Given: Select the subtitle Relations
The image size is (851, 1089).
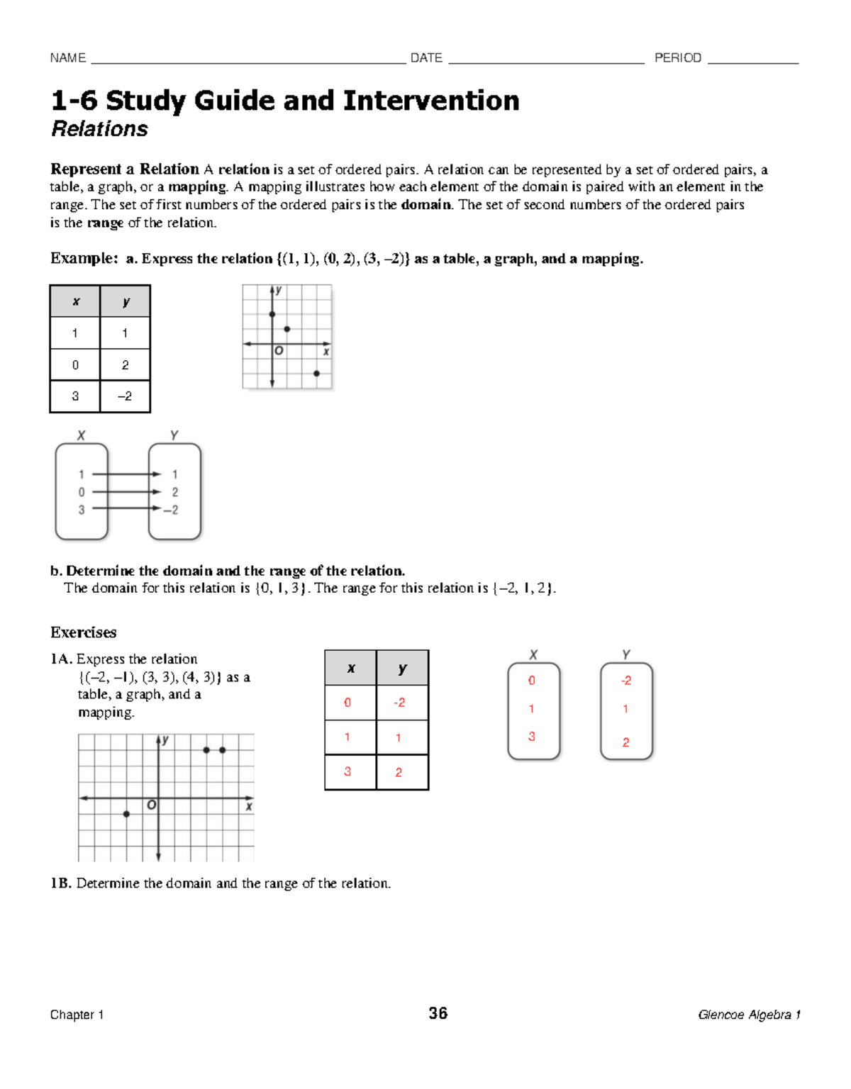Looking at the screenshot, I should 99,129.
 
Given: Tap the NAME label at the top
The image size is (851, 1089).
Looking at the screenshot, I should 68,58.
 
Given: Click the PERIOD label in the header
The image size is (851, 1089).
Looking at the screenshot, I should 677,58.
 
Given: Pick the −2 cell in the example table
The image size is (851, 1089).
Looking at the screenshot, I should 125,396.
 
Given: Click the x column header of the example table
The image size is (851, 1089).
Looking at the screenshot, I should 75,301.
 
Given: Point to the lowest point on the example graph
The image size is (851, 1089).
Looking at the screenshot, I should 316,373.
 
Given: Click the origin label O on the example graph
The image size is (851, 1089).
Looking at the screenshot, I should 279,351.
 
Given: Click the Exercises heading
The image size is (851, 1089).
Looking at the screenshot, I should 83,632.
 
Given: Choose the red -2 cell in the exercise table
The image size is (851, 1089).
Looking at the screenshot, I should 400,703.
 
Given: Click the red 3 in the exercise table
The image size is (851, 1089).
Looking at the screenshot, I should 347,771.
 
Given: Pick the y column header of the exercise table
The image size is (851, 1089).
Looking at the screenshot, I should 402,668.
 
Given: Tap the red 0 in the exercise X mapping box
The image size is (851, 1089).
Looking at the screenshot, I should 531,681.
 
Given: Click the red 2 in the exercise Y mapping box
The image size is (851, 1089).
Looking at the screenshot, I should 625,742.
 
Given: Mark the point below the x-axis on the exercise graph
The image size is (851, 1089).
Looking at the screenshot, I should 126,814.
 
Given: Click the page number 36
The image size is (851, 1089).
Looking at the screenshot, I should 438,1013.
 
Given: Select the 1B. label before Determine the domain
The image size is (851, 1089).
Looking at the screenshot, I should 61,883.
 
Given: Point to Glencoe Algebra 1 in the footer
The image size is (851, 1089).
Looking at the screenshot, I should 749,1015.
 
